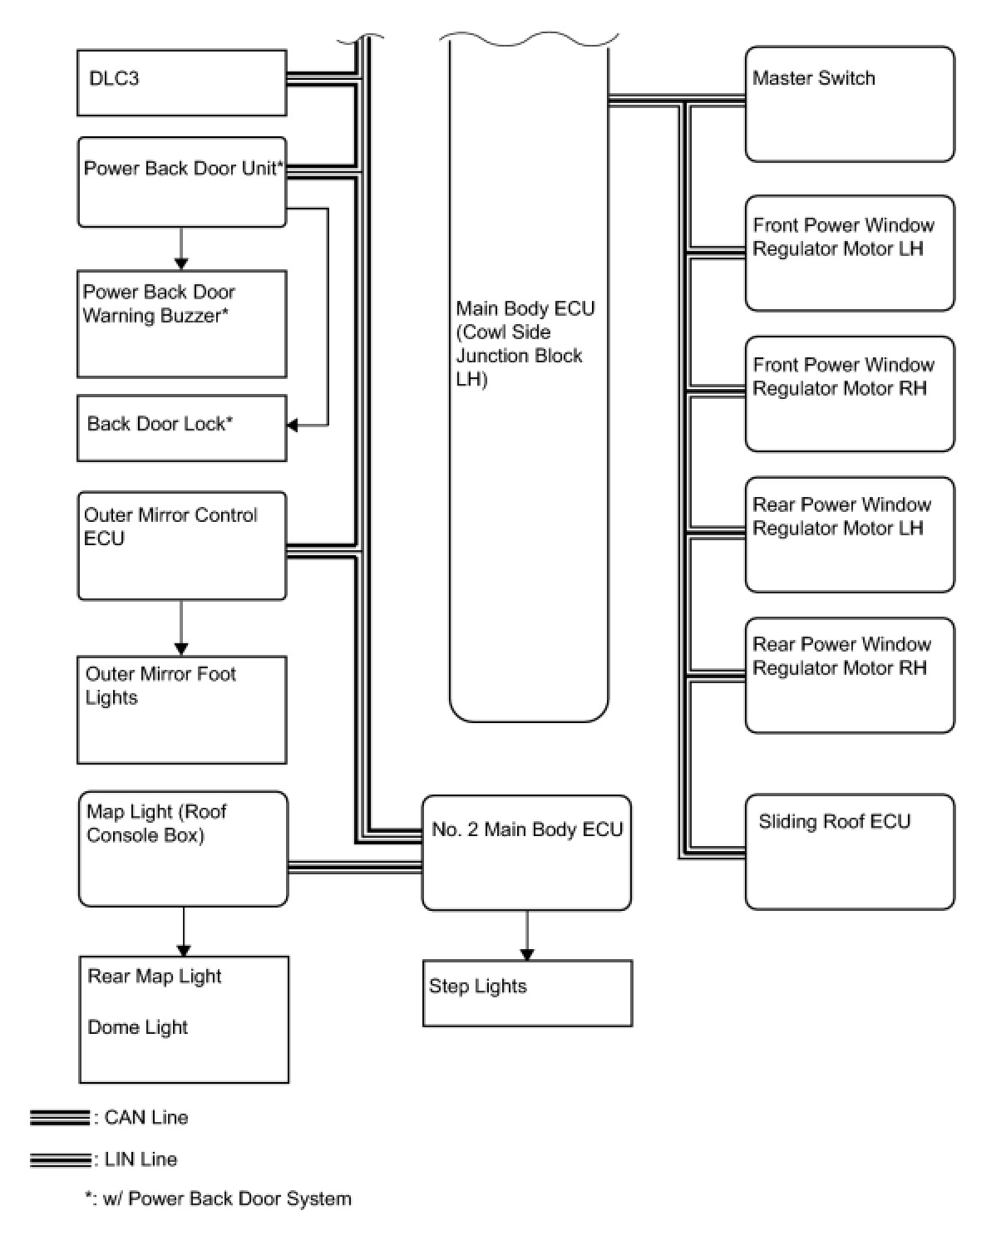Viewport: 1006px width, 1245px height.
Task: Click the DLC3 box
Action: pyautogui.click(x=181, y=82)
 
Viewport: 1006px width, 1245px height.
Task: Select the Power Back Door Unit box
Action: pyautogui.click(x=181, y=182)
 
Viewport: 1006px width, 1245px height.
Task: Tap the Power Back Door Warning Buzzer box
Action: pyautogui.click(x=181, y=323)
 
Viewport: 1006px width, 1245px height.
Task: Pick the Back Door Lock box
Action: pyautogui.click(x=181, y=427)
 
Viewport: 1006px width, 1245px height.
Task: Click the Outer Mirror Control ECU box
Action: pyautogui.click(x=181, y=545)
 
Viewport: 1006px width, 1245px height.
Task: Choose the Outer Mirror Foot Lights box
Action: pyautogui.click(x=181, y=709)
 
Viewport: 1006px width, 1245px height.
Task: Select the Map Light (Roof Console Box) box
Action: pyautogui.click(x=183, y=848)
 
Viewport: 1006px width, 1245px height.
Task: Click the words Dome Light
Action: pyautogui.click(x=138, y=1027)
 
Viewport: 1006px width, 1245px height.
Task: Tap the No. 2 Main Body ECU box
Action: pyautogui.click(x=526, y=853)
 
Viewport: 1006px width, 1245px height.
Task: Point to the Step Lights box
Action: pyautogui.click(x=527, y=992)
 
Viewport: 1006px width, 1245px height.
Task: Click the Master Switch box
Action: pyautogui.click(x=849, y=104)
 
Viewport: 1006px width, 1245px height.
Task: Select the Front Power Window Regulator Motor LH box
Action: pyautogui.click(x=849, y=253)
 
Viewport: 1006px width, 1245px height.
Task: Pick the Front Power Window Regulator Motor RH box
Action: pyautogui.click(x=849, y=393)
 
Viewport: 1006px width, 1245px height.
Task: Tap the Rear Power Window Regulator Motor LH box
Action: pyautogui.click(x=849, y=534)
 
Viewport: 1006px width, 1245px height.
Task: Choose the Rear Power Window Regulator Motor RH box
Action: pyautogui.click(x=849, y=674)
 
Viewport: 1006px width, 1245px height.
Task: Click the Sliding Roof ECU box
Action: pyautogui.click(x=849, y=851)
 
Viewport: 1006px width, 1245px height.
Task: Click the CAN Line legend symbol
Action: pyautogui.click(x=60, y=1118)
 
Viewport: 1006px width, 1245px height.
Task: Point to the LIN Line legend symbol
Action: pyautogui.click(x=60, y=1159)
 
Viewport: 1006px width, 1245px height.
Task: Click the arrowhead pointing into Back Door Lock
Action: pyautogui.click(x=293, y=426)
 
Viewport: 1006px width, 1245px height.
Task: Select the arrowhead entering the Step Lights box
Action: pyautogui.click(x=526, y=955)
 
